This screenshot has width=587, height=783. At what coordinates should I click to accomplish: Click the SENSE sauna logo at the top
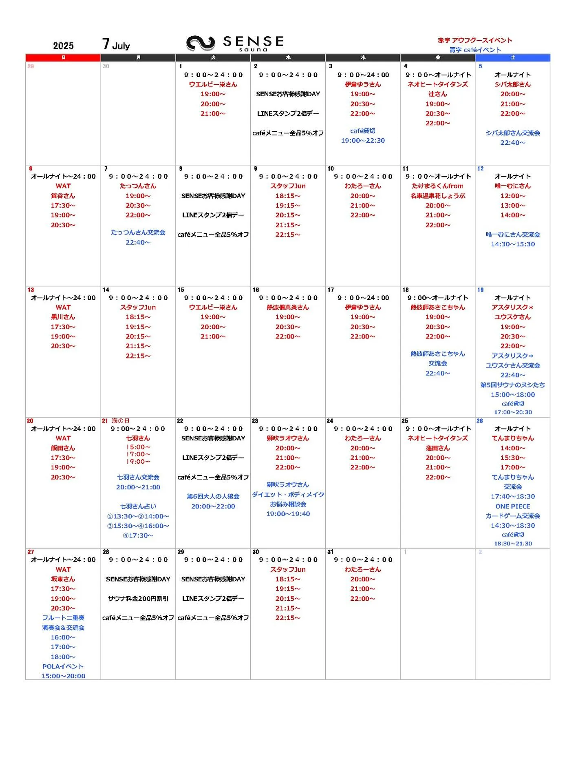(x=235, y=43)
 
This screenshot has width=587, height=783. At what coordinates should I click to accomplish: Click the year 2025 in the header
(x=63, y=46)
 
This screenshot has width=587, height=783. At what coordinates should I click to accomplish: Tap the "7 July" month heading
(x=116, y=44)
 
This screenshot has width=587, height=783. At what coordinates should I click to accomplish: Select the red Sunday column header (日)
(x=63, y=58)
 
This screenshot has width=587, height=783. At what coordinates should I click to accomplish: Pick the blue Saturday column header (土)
(x=512, y=58)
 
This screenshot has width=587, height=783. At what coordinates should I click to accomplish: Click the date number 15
(x=181, y=290)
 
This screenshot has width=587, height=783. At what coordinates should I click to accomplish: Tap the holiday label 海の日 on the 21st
(x=121, y=420)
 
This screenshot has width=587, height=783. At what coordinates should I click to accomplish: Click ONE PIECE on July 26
(x=512, y=506)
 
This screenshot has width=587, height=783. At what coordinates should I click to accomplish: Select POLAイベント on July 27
(x=63, y=666)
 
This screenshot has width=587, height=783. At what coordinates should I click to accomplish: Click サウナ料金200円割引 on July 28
(x=138, y=598)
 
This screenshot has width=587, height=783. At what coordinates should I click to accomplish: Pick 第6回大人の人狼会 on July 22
(x=213, y=496)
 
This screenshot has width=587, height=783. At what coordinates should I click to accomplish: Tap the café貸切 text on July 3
(x=363, y=131)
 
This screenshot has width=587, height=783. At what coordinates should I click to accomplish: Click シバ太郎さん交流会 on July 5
(x=512, y=133)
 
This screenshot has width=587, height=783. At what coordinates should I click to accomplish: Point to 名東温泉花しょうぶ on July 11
(x=438, y=196)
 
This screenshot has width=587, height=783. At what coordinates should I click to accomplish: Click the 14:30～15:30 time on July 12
(x=512, y=244)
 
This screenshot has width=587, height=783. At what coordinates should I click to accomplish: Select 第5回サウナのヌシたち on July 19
(x=512, y=385)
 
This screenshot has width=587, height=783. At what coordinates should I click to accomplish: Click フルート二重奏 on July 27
(x=63, y=618)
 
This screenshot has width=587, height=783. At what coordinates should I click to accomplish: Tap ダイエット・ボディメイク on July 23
(x=288, y=494)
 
